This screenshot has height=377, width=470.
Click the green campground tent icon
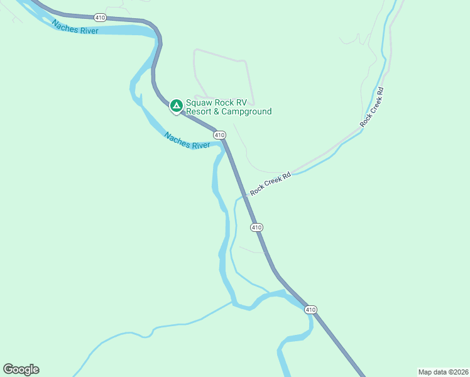[177, 105]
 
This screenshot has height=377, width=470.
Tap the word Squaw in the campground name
[200, 102]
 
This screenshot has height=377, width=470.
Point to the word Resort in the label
[200, 112]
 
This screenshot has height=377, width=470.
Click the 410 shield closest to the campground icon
[219, 135]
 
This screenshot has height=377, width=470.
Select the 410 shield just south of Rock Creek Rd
[256, 227]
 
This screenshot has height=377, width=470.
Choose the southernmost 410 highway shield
[310, 310]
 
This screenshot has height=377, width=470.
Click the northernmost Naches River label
[75, 27]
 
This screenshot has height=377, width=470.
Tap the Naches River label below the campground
[187, 140]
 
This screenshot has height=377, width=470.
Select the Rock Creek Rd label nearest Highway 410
[271, 184]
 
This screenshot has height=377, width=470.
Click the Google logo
[21, 369]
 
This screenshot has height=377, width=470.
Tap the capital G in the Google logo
[8, 369]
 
